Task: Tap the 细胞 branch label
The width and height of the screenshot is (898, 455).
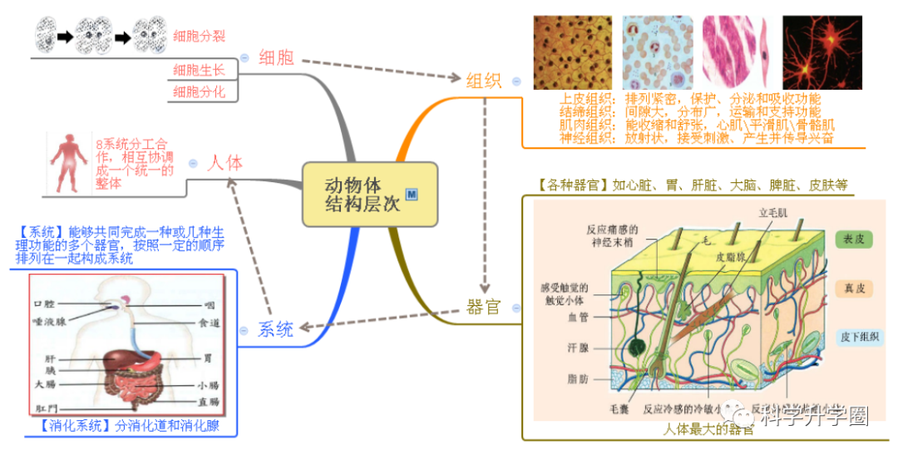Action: click(276, 57)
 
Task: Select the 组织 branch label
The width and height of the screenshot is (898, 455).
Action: click(483, 81)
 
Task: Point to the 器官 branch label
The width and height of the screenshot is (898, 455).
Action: click(483, 307)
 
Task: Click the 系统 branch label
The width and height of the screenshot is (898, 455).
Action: click(275, 329)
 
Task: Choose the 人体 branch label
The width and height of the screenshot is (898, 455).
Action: click(224, 162)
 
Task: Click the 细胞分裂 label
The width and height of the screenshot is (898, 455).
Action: click(199, 36)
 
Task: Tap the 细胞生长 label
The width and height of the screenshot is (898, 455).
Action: click(199, 69)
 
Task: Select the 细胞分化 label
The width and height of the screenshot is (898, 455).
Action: click(199, 91)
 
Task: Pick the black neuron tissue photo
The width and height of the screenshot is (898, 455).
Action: click(822, 52)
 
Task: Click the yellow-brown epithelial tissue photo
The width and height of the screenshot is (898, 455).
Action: click(572, 52)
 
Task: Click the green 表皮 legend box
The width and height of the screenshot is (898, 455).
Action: click(854, 240)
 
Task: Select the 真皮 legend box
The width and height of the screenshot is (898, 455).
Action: click(854, 289)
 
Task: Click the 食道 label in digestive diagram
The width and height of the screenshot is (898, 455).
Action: click(209, 323)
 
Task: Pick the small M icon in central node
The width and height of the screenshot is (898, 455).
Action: click(411, 194)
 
